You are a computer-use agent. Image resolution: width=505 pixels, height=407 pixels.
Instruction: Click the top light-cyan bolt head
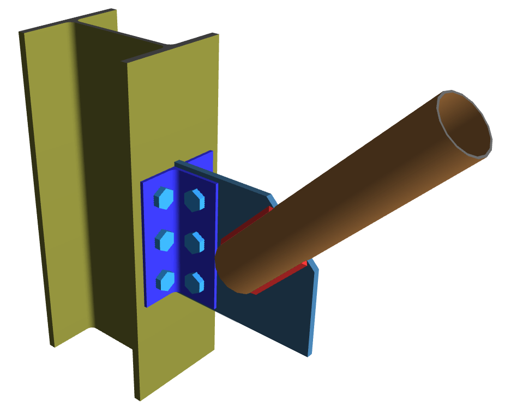(164, 198)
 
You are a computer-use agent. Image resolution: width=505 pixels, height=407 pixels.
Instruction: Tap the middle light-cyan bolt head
(164, 240)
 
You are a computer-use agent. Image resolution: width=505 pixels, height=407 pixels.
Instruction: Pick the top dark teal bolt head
(195, 199)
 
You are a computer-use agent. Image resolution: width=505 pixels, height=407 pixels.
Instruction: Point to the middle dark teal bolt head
(195, 241)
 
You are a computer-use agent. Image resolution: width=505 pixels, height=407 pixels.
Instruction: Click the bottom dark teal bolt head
(194, 282)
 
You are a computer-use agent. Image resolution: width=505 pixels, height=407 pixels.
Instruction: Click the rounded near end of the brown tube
(229, 267)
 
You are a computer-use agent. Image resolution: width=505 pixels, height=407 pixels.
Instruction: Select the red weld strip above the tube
(245, 226)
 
